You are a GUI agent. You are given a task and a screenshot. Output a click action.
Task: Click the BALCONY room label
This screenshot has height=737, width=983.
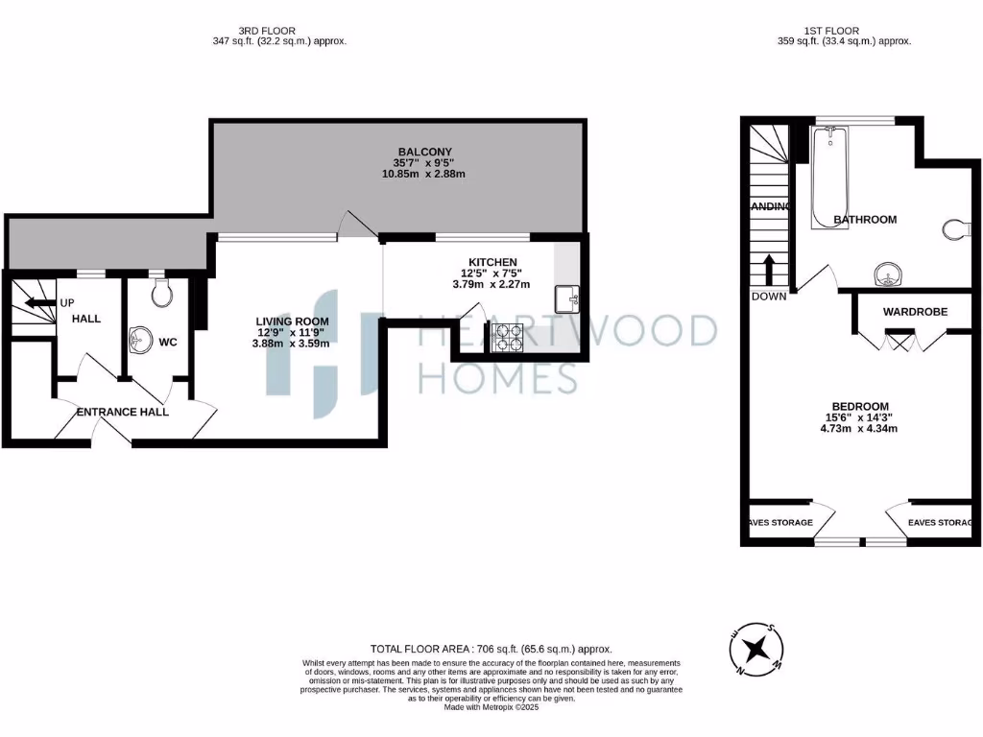click(424, 152)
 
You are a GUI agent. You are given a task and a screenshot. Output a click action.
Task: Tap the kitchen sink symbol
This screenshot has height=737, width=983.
click(566, 299)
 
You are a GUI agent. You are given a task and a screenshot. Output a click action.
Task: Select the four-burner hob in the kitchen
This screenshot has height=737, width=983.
click(508, 336)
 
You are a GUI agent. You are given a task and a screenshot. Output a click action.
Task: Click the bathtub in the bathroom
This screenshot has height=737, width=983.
click(827, 176)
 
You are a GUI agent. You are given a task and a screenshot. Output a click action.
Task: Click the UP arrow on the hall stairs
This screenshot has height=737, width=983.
click(38, 302)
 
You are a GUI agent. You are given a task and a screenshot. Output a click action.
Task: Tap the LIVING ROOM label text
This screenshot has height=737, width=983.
click(292, 321)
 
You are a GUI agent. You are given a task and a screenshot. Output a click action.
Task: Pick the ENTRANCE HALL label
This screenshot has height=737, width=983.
click(123, 412)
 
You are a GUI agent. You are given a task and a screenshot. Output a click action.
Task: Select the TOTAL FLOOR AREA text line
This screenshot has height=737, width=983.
click(491, 650)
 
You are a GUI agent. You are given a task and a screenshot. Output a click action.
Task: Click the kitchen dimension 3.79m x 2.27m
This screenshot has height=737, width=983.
click(492, 284)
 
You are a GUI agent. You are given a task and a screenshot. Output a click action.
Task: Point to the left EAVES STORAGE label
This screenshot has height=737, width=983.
click(779, 523)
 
